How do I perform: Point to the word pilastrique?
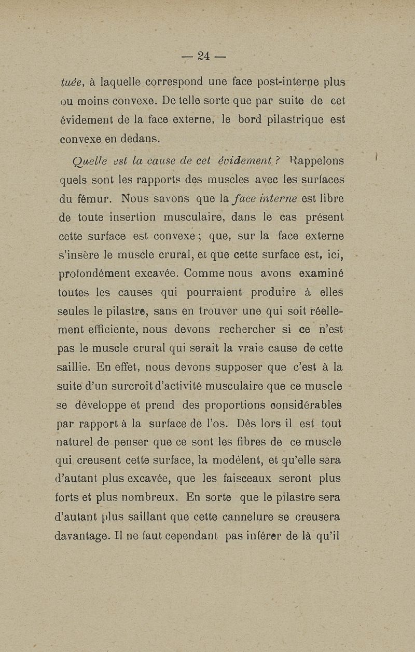point(291,120)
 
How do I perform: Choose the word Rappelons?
point(316,161)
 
